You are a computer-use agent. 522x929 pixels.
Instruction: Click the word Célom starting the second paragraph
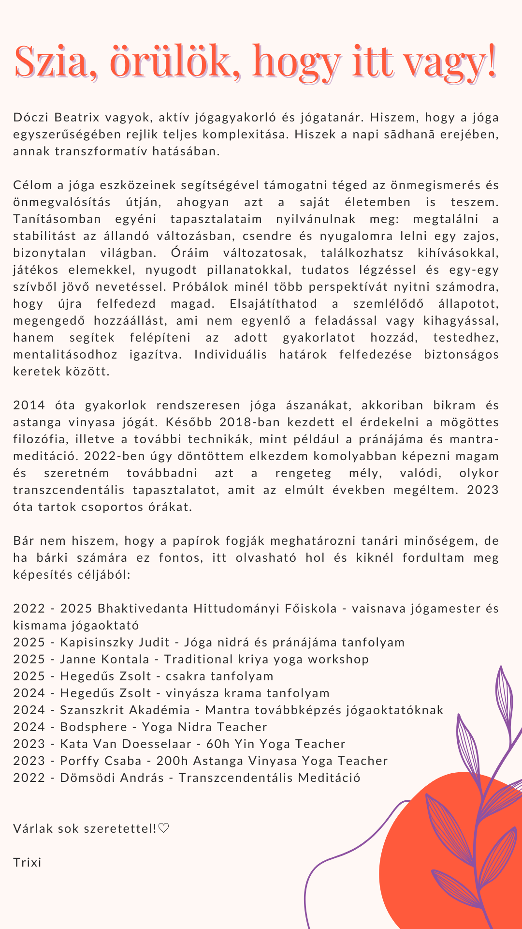click(32, 185)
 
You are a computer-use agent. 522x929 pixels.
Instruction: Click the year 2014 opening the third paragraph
click(29, 405)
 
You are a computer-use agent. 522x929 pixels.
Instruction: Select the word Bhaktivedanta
click(143, 609)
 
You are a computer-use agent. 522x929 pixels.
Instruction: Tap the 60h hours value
click(217, 744)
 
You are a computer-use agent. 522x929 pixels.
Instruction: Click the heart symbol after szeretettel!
click(164, 829)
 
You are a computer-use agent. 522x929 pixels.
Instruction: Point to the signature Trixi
click(27, 863)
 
